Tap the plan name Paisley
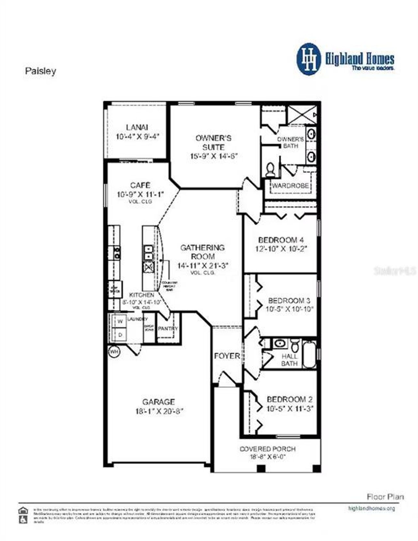pos(40,71)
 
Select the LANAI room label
pos(137,127)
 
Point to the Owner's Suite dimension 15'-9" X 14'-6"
pos(214,156)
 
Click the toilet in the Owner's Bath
pos(270,169)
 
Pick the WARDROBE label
pos(290,186)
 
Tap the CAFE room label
pos(140,185)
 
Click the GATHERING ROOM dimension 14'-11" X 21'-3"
pos(202,265)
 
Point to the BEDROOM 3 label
pos(289,300)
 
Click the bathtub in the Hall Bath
pos(309,355)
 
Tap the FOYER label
pos(227,356)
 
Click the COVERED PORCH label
pos(267,449)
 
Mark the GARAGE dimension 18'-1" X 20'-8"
pos(159,411)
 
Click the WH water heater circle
pos(114,352)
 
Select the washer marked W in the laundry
pos(120,321)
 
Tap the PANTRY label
pos(168,329)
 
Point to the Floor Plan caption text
pos(385,497)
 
